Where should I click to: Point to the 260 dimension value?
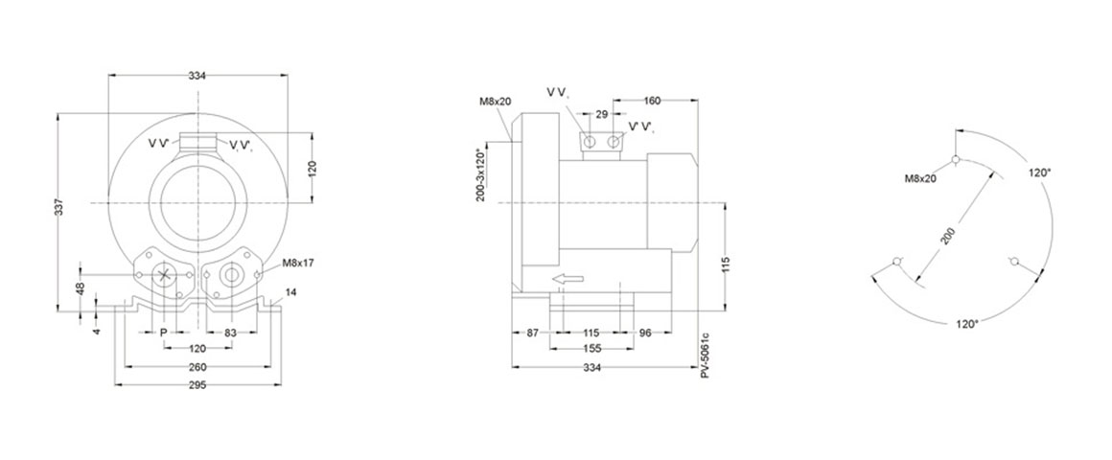(x=198, y=367)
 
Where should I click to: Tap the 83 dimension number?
(x=230, y=333)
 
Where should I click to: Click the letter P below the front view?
(x=163, y=333)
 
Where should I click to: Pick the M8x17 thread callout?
(x=298, y=263)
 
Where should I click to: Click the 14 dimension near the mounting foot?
(x=291, y=292)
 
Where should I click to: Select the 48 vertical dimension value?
(x=81, y=289)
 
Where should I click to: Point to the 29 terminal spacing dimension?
(x=601, y=113)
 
